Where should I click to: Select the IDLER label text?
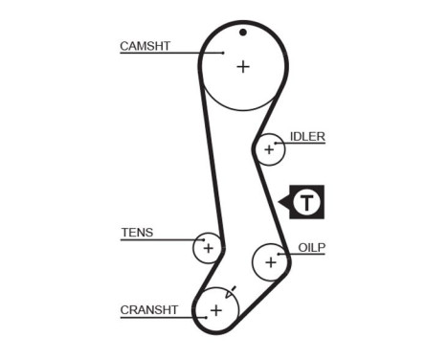[x=307, y=137]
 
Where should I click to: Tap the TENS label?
[x=137, y=232]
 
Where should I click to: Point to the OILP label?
[x=312, y=247]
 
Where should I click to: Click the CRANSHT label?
[x=149, y=309]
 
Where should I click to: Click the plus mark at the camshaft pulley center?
[x=243, y=66]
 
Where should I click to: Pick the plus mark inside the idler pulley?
[x=269, y=149]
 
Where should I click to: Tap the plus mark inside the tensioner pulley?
[x=207, y=248]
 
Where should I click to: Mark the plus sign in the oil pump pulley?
[x=271, y=260]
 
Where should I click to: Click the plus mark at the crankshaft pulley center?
[x=216, y=310]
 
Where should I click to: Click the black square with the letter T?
[x=306, y=202]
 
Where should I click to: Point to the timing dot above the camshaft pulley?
[x=243, y=32]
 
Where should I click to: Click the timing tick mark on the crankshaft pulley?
[x=231, y=290]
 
